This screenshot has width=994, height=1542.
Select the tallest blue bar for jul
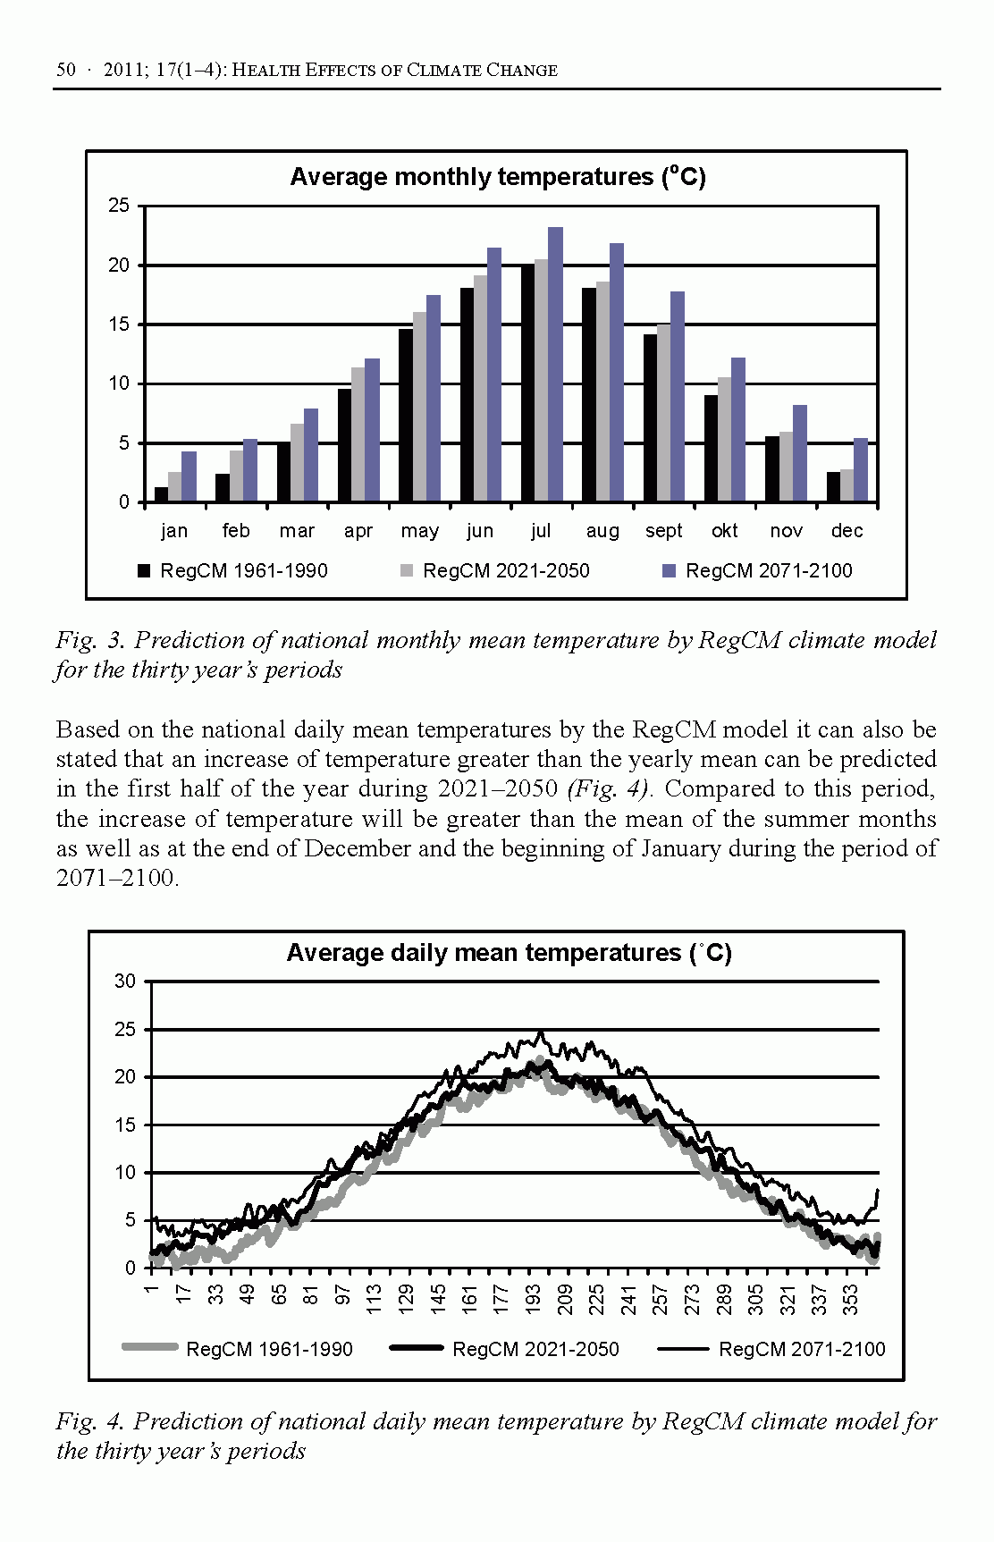coord(555,365)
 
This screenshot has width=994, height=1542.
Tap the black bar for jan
coord(161,494)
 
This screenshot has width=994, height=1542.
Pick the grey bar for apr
coord(358,434)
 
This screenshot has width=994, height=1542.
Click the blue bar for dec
coord(861,470)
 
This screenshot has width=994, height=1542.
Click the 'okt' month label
coord(724,531)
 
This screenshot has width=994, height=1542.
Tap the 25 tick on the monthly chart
coord(119,206)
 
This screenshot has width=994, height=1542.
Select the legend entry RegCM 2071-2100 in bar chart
coord(768,571)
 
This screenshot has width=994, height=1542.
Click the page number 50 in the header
coord(65,70)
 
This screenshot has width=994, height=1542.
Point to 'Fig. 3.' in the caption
coord(88,640)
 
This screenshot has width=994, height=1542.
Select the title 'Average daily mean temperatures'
coord(508,953)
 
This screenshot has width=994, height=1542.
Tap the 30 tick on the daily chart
coord(125,982)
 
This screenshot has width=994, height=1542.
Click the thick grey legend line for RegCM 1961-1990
coord(150,1348)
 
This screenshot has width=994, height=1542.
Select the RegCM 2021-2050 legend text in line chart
coord(535,1349)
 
